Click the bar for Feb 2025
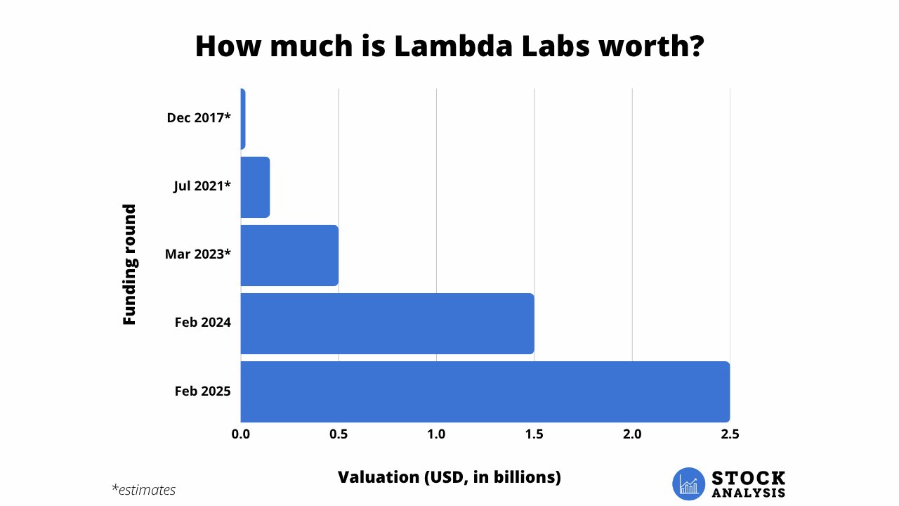click(x=485, y=391)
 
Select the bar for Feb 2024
click(x=387, y=323)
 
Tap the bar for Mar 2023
click(x=289, y=255)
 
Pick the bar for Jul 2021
click(x=255, y=187)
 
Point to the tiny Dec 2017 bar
click(x=242, y=119)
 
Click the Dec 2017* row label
click(x=199, y=118)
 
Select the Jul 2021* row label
click(x=202, y=186)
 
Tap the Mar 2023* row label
click(x=198, y=254)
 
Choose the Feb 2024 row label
click(x=203, y=323)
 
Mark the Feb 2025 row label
click(x=203, y=391)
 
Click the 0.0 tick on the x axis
click(x=241, y=435)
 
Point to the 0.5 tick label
click(x=339, y=435)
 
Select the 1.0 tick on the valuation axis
click(x=436, y=435)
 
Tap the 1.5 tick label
click(x=534, y=435)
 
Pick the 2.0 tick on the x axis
click(x=632, y=435)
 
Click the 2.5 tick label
click(x=730, y=435)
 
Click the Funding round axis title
click(x=129, y=264)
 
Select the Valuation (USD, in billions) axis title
click(x=449, y=477)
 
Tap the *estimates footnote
click(x=143, y=490)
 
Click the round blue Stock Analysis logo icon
click(x=688, y=484)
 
